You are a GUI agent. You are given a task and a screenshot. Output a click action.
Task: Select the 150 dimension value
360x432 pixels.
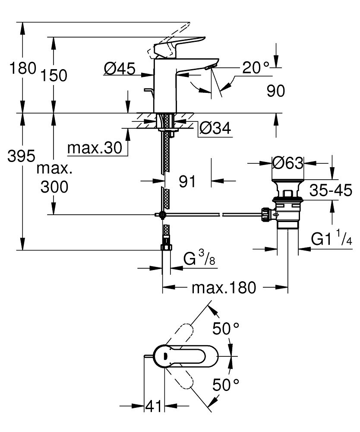55,76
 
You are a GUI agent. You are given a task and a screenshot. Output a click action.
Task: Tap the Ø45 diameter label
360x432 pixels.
120,68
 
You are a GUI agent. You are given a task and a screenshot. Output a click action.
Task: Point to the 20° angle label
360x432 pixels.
255,67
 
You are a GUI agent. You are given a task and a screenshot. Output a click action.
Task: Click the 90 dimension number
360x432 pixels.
276,91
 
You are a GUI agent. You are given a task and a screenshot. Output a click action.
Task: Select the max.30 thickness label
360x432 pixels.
95,149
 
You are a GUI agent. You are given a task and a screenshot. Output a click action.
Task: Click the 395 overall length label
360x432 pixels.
21,156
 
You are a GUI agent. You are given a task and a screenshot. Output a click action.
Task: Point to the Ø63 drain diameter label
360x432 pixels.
288,163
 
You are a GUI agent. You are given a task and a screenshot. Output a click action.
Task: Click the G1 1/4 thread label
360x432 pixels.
331,239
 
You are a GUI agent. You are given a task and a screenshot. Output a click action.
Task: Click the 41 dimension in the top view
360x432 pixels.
154,406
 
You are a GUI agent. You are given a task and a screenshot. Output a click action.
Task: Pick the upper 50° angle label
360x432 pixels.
226,329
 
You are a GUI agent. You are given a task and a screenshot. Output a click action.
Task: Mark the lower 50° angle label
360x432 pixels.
226,384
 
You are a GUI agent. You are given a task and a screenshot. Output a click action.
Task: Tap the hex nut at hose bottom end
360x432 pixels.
166,248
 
